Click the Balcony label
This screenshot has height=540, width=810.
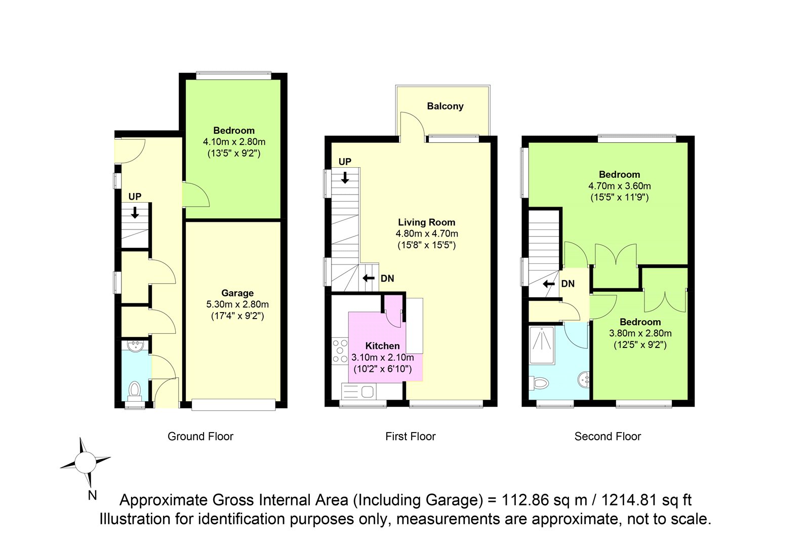point(445,106)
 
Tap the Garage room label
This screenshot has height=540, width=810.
point(237,293)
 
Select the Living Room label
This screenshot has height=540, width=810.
point(427,222)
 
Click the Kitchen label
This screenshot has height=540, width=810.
point(382,345)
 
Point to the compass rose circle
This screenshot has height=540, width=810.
point(86,463)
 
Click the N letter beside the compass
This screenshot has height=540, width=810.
point(92,495)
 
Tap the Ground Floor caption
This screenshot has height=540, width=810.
point(200,437)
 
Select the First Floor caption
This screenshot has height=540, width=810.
point(411,437)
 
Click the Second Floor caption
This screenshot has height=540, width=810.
point(607,437)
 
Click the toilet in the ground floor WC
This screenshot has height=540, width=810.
point(135,392)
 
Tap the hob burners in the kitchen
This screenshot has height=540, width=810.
point(340,351)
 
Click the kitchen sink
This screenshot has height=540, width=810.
point(358,391)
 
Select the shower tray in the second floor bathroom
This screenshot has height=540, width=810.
point(542,345)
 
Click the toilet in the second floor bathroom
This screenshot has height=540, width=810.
point(539,382)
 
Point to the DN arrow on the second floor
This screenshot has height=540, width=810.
point(549,284)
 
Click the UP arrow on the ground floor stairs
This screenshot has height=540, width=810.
point(135,212)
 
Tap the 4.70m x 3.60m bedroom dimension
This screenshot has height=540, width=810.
point(620,186)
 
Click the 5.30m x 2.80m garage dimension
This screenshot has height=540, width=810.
point(237,304)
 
